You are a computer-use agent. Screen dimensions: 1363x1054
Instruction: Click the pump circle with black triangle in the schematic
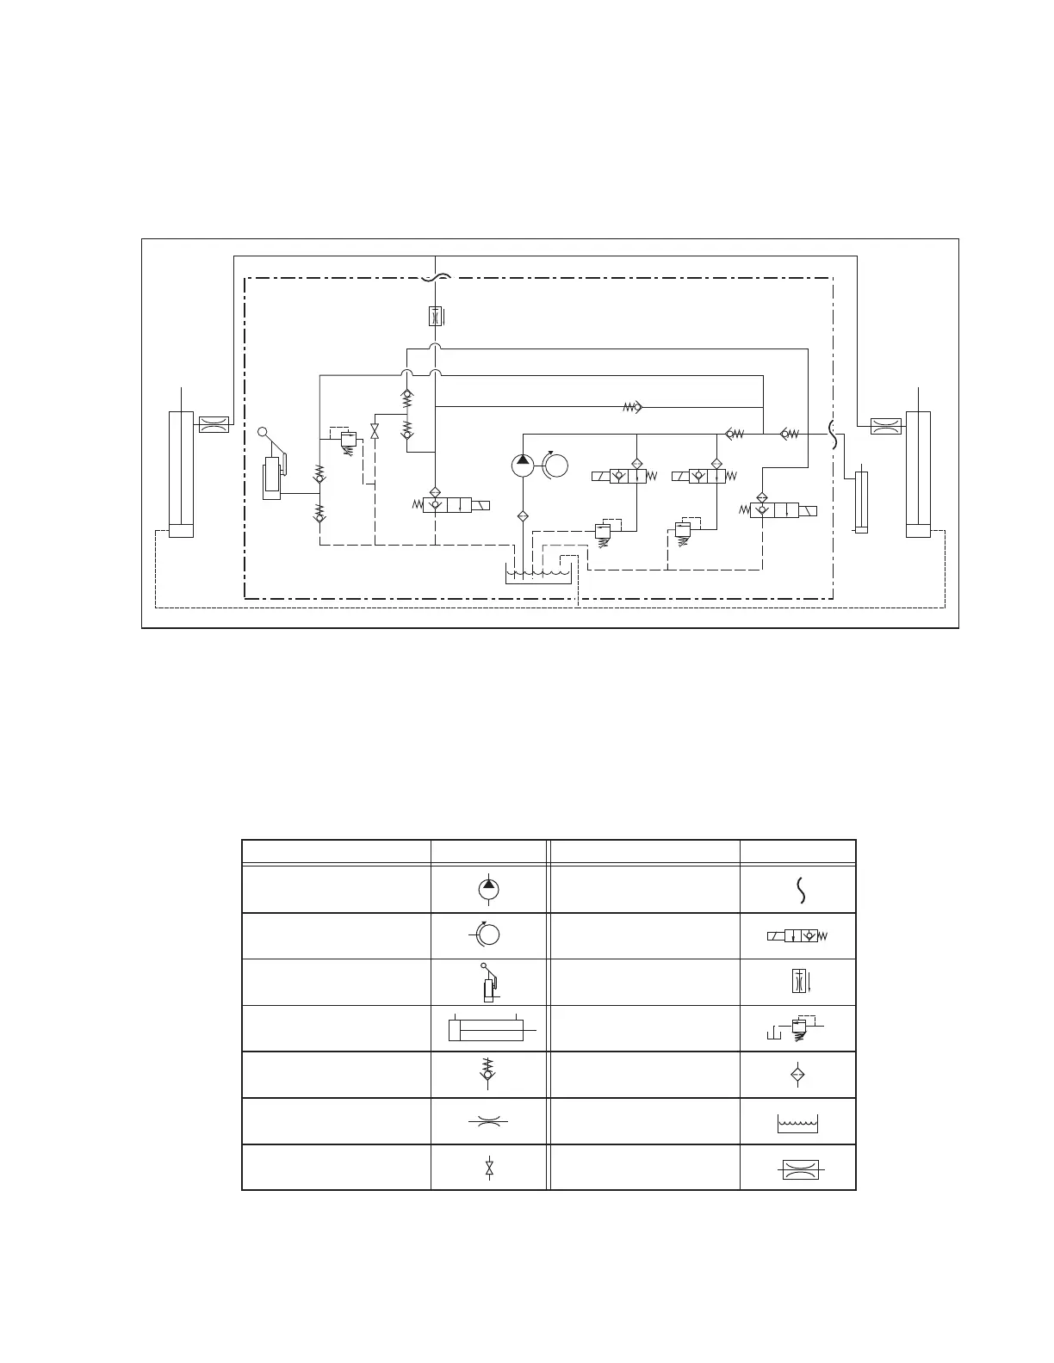(523, 466)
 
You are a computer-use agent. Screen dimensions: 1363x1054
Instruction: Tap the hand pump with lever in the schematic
(274, 469)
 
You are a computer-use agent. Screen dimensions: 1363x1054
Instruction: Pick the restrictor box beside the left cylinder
(214, 424)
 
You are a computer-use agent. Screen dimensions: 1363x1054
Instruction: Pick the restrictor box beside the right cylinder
(886, 424)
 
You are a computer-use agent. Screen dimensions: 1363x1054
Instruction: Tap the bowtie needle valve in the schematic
(375, 431)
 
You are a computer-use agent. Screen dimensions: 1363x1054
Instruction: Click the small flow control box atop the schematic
(436, 316)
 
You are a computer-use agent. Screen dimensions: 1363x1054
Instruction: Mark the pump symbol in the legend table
(489, 890)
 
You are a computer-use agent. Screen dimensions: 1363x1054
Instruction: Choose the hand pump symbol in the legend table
(488, 982)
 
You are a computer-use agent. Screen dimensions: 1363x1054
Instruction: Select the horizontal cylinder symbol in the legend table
(489, 1028)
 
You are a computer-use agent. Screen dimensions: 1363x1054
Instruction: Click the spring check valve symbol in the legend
(489, 1073)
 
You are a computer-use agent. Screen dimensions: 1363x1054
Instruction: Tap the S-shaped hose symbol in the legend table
(802, 890)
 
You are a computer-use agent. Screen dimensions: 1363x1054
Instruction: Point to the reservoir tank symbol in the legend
(797, 1122)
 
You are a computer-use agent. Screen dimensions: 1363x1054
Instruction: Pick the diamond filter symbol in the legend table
(797, 1075)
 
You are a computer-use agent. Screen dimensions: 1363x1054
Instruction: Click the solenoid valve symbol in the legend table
(798, 936)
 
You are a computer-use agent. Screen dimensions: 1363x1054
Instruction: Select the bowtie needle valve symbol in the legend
(489, 1168)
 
